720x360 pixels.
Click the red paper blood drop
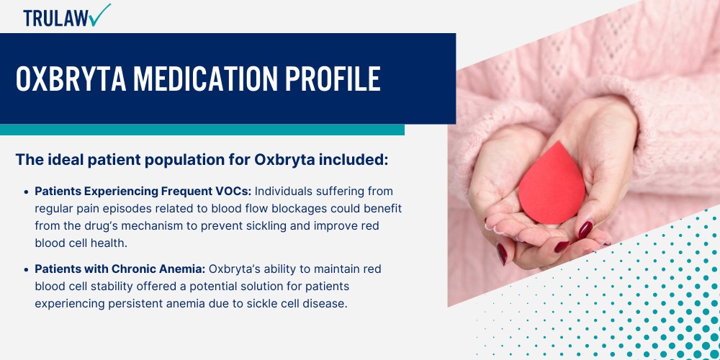click(x=552, y=183)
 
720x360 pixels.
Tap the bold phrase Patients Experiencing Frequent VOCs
click(x=143, y=191)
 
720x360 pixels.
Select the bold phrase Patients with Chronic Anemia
click(x=120, y=269)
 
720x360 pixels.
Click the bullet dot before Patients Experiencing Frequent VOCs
click(x=27, y=192)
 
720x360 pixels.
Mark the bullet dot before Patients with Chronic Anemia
click(x=27, y=269)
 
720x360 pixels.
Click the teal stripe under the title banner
click(x=202, y=130)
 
